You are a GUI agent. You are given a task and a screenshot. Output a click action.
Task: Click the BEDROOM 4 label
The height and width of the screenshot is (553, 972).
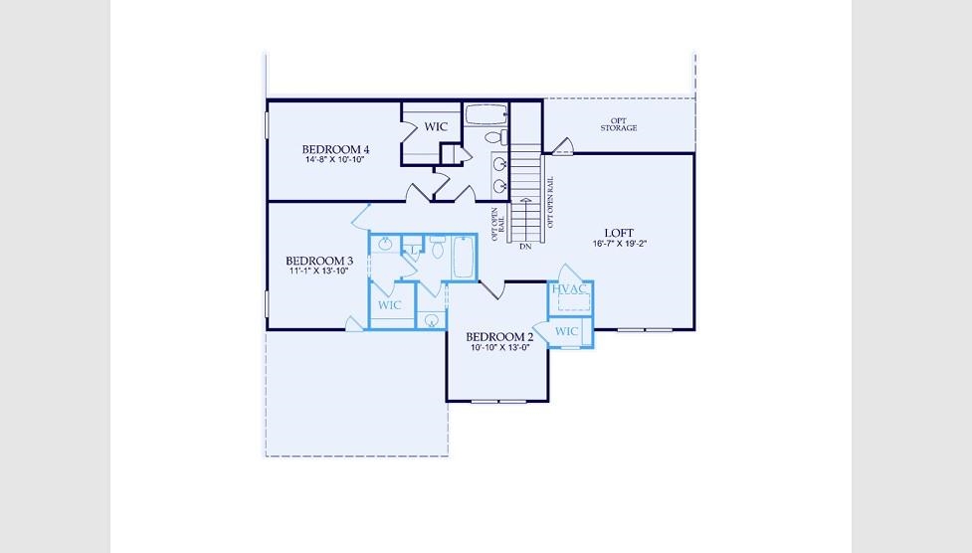pos(335,149)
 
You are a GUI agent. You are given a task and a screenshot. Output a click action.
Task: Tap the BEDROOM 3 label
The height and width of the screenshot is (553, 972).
pos(319,261)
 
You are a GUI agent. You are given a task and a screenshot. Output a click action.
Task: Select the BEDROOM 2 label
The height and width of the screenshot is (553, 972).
pos(499,337)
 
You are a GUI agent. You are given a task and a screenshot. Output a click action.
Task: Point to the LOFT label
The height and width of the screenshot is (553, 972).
pos(619,233)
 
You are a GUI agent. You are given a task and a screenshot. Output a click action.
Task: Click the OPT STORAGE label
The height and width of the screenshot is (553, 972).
pos(619,124)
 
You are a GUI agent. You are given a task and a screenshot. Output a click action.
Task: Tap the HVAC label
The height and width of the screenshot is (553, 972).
pos(569,288)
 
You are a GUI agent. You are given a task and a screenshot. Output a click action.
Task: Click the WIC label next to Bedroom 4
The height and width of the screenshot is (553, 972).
pos(436,127)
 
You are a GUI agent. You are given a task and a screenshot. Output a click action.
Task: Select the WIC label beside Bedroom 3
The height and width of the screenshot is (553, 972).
pos(389,305)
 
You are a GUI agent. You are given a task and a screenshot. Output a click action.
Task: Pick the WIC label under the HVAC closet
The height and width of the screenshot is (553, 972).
pos(566,331)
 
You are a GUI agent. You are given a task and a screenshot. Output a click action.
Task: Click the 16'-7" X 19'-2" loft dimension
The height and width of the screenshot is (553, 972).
pos(619,244)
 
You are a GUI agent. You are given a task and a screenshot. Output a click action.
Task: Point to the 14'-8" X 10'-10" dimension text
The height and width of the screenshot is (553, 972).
pos(334,159)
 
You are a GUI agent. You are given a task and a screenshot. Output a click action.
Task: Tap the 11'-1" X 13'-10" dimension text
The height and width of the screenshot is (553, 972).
pos(318,271)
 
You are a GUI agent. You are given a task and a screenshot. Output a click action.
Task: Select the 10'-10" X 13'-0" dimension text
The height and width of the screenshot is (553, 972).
pos(499,348)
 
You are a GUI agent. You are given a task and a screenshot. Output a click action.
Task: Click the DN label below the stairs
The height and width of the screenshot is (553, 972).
pos(525,247)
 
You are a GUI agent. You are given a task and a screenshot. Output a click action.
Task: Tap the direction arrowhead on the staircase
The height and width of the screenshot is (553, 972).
pos(525,200)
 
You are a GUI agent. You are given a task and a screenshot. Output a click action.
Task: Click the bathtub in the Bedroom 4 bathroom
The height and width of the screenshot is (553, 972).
pos(486,114)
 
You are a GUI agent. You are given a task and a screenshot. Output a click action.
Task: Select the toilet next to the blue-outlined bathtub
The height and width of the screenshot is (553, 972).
pos(438,248)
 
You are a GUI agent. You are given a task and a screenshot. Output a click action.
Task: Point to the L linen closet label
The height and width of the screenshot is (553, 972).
pos(412,250)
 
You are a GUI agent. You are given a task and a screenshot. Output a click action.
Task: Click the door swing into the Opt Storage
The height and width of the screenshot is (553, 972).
pos(563,147)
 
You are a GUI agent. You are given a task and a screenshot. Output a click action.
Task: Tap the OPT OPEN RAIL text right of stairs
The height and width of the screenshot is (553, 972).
pos(550,202)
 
